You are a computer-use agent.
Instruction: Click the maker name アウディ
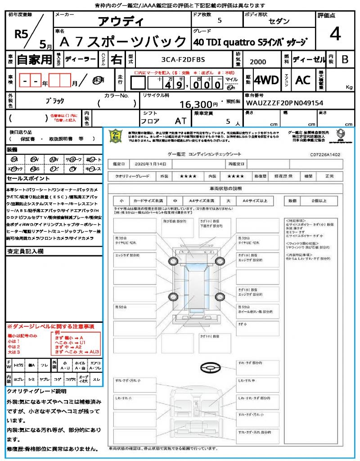point(121,22)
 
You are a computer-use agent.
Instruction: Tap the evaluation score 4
point(334,34)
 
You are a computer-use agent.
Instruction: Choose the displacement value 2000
point(257,62)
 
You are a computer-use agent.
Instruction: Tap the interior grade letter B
point(345,59)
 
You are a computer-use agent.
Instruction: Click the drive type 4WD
point(266,80)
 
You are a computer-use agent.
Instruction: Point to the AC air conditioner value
point(303,80)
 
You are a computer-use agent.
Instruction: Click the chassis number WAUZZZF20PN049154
point(284,103)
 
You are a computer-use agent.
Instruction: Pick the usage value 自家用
point(35,59)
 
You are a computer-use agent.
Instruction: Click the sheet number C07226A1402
point(325,154)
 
